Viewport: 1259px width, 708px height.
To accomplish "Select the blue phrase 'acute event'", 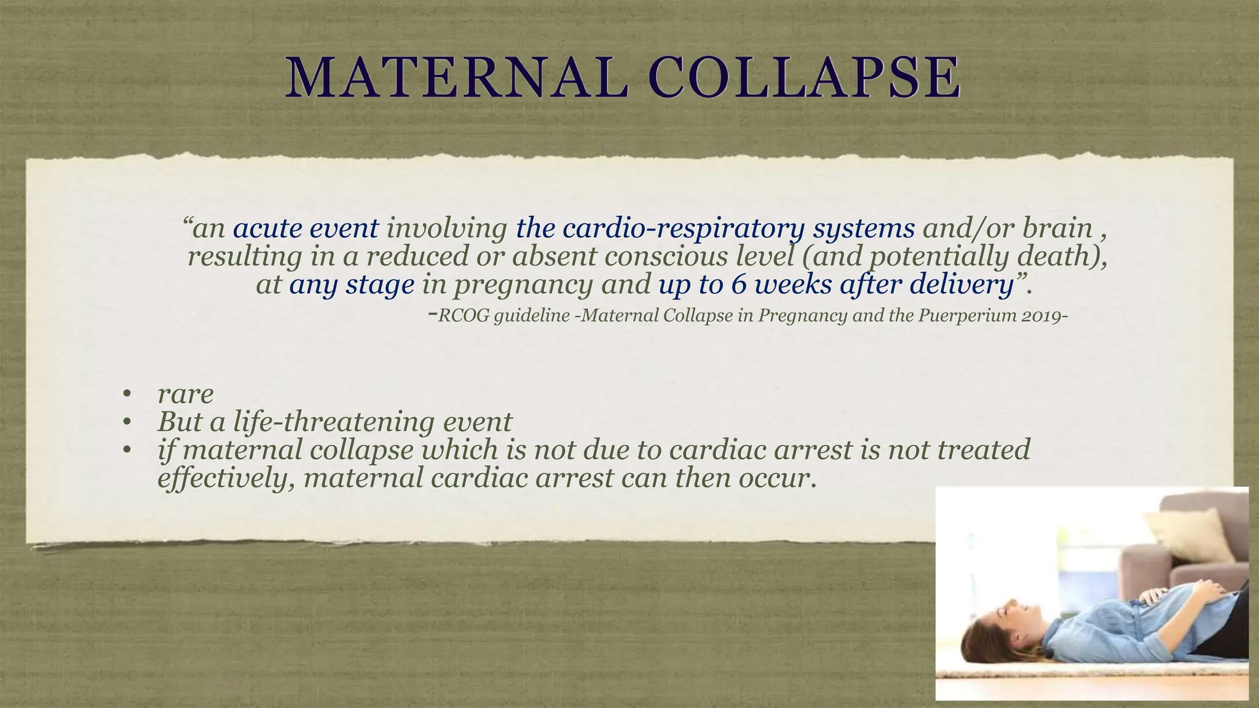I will tap(306, 229).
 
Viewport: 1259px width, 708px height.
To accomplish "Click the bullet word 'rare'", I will tap(185, 394).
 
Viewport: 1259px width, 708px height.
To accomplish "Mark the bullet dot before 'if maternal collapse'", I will tap(127, 450).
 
